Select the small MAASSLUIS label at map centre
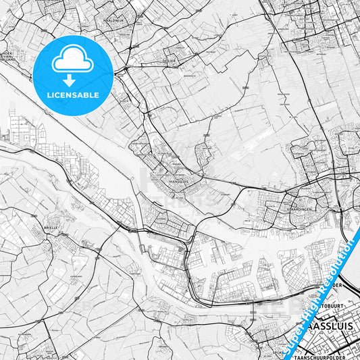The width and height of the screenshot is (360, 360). [178, 181]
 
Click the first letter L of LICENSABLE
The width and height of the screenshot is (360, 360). [49, 95]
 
